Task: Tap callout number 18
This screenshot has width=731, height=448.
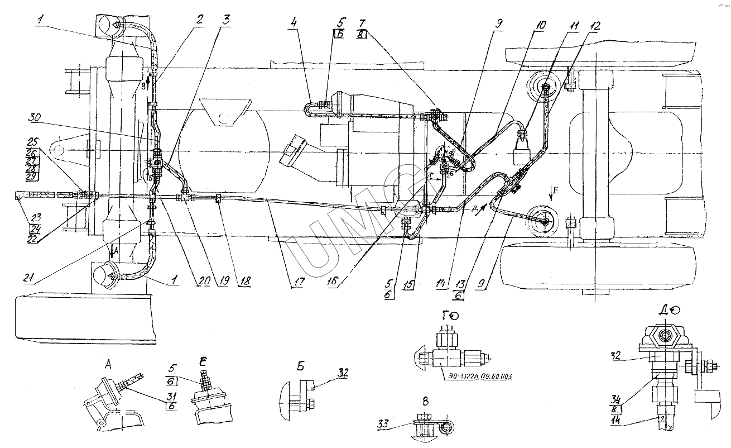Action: (x=243, y=282)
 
